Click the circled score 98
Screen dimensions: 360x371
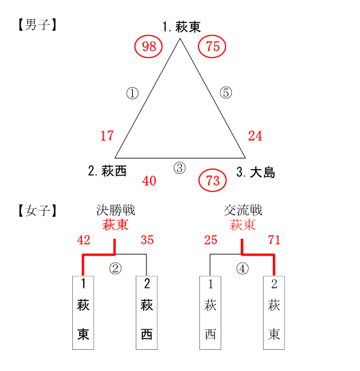149,46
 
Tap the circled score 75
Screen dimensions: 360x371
212,46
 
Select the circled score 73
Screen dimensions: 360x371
213,181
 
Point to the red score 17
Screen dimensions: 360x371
107,136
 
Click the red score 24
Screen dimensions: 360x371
255,136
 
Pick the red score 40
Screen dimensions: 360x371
149,181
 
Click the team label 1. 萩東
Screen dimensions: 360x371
181,27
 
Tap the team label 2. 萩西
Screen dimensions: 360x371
107,170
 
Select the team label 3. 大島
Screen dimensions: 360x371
256,173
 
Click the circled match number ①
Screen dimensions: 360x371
132,93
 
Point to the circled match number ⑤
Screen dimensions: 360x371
226,93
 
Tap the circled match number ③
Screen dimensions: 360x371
180,168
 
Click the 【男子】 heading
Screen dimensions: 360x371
37,25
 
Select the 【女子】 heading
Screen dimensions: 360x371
37,211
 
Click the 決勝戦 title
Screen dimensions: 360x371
115,210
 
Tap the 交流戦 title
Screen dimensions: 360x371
243,210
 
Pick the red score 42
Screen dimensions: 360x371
84,240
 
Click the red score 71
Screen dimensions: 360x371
274,240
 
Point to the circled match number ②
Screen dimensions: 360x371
115,269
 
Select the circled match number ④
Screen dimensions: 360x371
243,269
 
